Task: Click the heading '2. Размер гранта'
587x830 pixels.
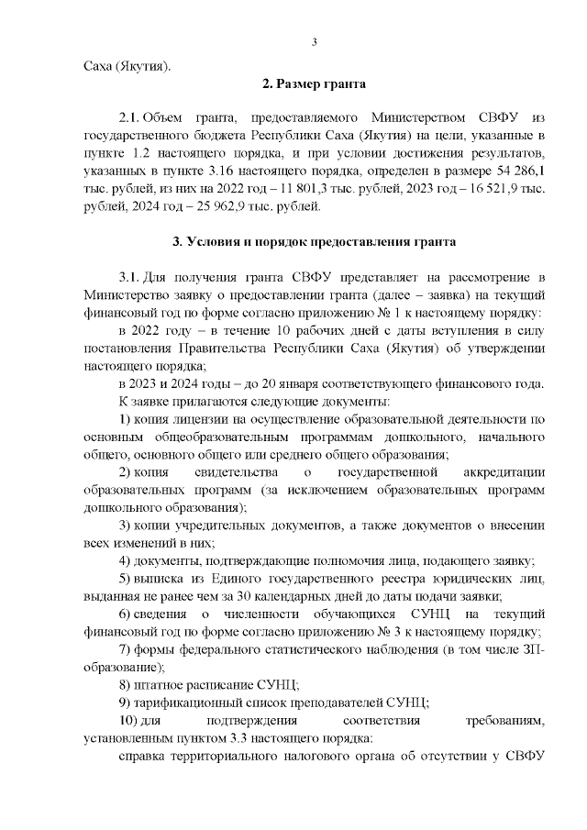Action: (x=315, y=85)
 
